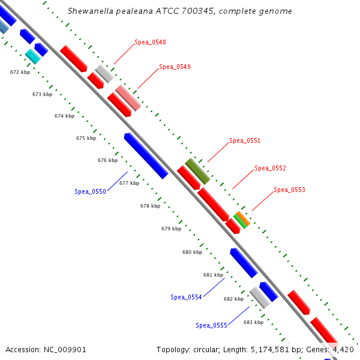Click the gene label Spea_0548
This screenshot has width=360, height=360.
150,42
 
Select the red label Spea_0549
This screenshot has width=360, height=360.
175,67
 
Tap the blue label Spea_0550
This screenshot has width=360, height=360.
90,191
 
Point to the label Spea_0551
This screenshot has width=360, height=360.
245,141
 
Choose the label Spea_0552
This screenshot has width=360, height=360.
270,168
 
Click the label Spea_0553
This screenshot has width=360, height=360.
289,190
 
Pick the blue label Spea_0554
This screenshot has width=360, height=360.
186,297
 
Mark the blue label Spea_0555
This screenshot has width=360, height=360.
211,325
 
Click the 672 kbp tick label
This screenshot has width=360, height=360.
20,72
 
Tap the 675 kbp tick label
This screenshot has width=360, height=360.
86,138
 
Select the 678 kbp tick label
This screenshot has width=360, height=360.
151,206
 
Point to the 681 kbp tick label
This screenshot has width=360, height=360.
213,275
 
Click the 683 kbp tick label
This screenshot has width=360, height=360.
253,322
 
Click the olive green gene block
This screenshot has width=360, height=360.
197,171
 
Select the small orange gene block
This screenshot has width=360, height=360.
243,217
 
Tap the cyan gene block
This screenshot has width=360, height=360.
32,56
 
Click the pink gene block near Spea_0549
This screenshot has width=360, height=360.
128,98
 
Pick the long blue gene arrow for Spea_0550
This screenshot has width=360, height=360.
146,155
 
